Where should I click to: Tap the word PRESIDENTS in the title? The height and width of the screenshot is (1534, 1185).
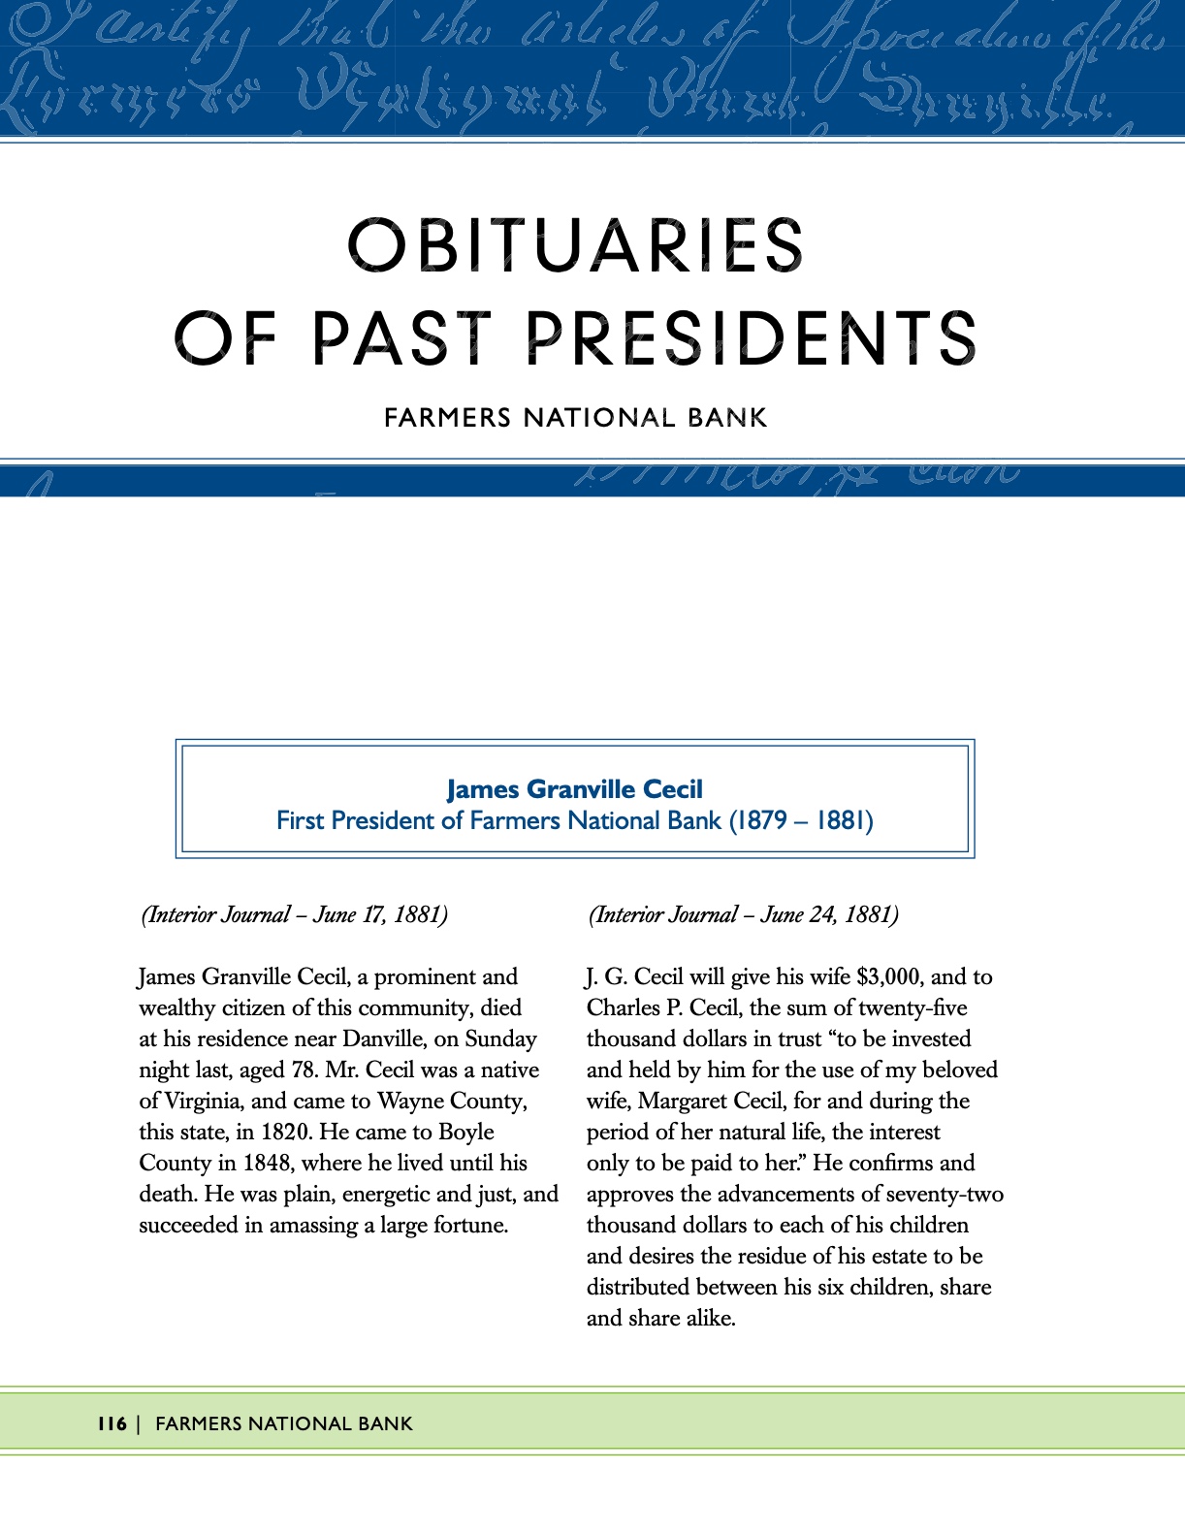751,338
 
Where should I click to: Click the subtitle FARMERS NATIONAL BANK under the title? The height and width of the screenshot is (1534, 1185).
576,418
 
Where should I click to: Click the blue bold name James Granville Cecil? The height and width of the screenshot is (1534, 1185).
575,789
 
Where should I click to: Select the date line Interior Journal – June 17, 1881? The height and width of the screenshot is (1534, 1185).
295,914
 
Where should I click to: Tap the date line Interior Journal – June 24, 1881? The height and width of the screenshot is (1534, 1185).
744,914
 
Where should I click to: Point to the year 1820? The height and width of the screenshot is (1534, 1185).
287,1132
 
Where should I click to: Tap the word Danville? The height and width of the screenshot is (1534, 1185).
384,1039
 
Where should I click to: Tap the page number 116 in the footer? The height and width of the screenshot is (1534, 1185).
112,1423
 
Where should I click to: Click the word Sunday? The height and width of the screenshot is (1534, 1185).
500,1039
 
